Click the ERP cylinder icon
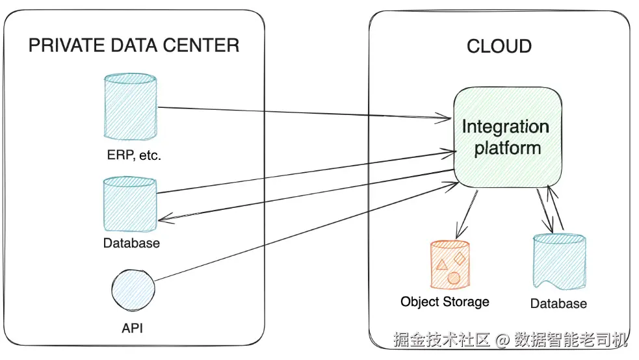(x=130, y=107)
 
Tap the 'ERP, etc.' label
(x=133, y=156)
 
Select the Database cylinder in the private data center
(x=130, y=204)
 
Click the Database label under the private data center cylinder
(x=131, y=243)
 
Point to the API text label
(x=132, y=328)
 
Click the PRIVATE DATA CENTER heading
(x=134, y=45)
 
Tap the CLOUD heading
(x=499, y=46)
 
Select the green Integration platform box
(x=507, y=138)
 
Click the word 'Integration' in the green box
(x=505, y=126)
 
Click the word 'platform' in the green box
(x=507, y=148)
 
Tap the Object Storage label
(x=445, y=302)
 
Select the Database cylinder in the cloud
(x=558, y=261)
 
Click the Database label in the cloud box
(x=558, y=303)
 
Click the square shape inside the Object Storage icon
(x=460, y=259)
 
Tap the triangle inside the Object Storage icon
(x=442, y=264)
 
